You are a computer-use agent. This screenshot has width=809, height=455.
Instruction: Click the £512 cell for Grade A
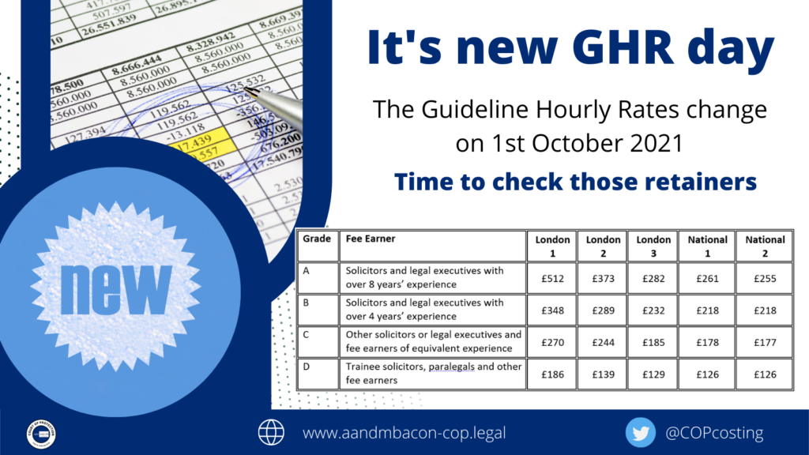[x=551, y=277]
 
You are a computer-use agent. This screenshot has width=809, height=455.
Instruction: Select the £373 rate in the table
[x=603, y=277]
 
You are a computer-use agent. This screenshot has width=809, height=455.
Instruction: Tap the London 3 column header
[x=653, y=246]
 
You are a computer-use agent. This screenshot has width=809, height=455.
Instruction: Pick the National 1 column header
[x=706, y=246]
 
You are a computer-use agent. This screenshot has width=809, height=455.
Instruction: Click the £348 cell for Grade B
[x=551, y=310]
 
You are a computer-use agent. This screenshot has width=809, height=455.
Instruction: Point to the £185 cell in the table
[x=653, y=342]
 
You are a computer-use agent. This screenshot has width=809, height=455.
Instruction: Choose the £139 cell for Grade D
[x=603, y=374]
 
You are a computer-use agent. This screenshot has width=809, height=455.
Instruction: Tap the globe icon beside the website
[x=271, y=432]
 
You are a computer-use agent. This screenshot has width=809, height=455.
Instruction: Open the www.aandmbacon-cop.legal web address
[x=404, y=433]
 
